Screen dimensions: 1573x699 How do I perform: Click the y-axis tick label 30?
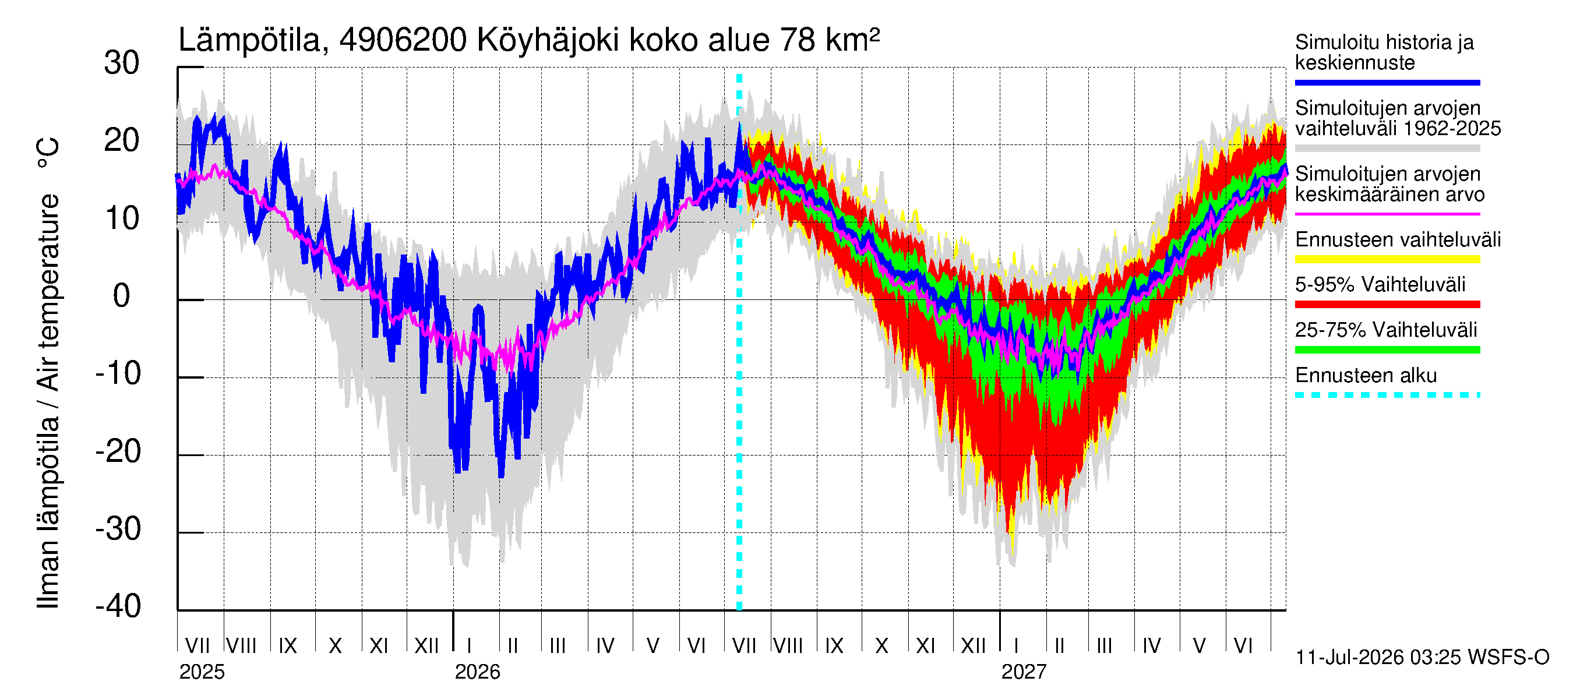(122, 63)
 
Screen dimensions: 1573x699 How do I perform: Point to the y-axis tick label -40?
(118, 606)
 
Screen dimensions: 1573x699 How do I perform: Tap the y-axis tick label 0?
(122, 296)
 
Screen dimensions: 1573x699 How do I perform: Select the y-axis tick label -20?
(118, 452)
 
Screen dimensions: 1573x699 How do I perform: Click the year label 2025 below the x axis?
(202, 672)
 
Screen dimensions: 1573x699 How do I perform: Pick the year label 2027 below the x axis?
(1024, 672)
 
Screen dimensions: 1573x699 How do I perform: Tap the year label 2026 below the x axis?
(478, 672)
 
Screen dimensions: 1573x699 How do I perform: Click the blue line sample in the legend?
(1387, 82)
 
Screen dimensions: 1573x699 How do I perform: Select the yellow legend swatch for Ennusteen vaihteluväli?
(1387, 259)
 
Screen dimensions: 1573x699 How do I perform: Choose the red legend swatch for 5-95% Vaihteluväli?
(1387, 304)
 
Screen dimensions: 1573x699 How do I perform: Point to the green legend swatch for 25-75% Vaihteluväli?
(1387, 350)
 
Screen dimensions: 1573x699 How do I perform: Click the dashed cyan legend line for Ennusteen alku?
(1387, 395)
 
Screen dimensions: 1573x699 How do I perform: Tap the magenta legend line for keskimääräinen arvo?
(1387, 214)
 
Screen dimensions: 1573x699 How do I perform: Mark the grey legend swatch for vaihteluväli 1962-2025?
(1387, 149)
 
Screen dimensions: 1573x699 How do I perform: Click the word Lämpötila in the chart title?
(250, 40)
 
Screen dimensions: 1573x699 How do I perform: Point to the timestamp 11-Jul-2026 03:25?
(1378, 657)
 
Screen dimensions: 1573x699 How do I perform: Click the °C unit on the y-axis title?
(48, 153)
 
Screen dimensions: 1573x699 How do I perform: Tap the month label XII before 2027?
(974, 645)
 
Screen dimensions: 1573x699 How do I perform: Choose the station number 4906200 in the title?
(403, 40)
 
